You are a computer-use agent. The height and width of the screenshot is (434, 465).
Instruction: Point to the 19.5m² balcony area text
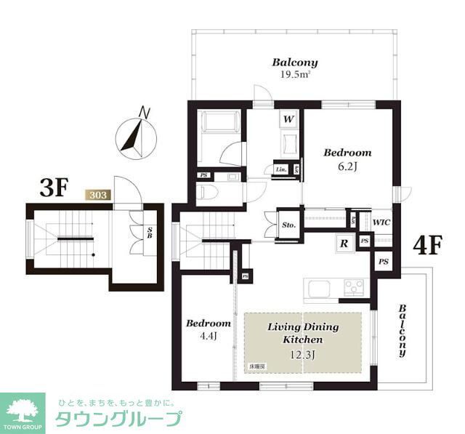[296, 74]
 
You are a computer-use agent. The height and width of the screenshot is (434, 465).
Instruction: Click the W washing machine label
[288, 118]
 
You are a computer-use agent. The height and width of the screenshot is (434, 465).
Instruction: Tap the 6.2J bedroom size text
[347, 166]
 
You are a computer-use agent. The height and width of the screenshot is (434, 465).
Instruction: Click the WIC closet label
[381, 222]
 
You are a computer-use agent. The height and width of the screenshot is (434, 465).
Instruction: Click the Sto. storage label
[288, 225]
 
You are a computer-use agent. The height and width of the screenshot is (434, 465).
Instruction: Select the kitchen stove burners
[355, 286]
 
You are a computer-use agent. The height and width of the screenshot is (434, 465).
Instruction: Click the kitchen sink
[320, 289]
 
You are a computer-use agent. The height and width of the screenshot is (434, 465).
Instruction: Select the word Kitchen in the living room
[302, 339]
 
